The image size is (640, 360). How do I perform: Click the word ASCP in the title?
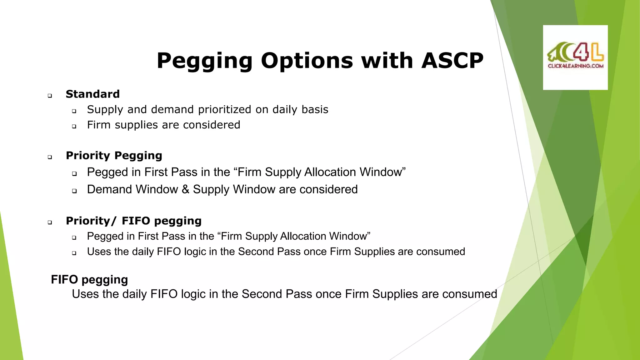pyautogui.click(x=452, y=61)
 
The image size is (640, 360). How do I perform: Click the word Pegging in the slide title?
pyautogui.click(x=204, y=61)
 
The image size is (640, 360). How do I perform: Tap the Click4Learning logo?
pyautogui.click(x=575, y=57)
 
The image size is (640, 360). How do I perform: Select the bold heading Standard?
pyautogui.click(x=93, y=94)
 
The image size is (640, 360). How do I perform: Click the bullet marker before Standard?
pyautogui.click(x=50, y=96)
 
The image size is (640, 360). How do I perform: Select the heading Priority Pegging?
pyautogui.click(x=114, y=156)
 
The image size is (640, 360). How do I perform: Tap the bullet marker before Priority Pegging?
pyautogui.click(x=50, y=157)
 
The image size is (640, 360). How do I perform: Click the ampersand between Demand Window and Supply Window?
pyautogui.click(x=185, y=189)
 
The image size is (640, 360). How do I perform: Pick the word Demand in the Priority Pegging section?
pyautogui.click(x=109, y=189)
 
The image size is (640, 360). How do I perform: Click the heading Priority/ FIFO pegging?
pyautogui.click(x=133, y=221)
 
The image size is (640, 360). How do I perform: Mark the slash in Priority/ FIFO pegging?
pyautogui.click(x=114, y=221)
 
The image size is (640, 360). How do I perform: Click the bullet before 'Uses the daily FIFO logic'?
pyautogui.click(x=74, y=253)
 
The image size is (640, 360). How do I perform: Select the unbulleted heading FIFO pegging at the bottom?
pyautogui.click(x=89, y=280)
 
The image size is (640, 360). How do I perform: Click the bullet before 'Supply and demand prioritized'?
pyautogui.click(x=74, y=111)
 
